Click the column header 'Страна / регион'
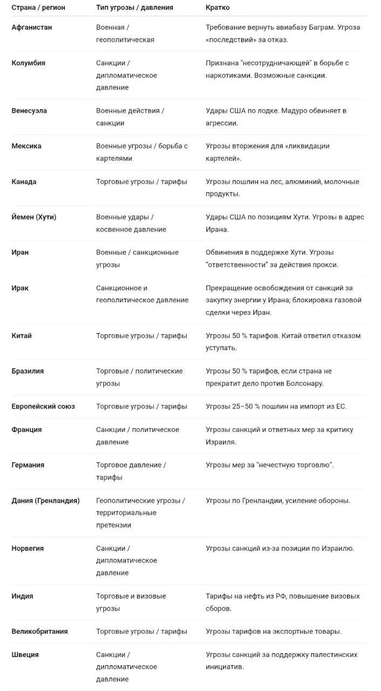coord(38,8)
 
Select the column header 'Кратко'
coord(217,8)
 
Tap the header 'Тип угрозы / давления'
coord(135,8)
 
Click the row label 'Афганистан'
coord(32,28)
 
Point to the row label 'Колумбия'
coord(29,63)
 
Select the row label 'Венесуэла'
coord(29,111)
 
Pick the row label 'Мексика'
coord(26,146)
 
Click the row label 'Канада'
coord(24,182)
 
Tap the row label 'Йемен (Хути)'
coord(34,217)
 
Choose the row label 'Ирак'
coord(21,288)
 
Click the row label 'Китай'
coord(22,336)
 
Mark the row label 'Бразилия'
coord(28,371)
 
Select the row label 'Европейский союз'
coord(43,407)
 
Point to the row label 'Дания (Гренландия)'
coord(46,501)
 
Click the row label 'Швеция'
coord(25,655)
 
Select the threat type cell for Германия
coord(131,471)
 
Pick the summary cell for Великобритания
coord(274,632)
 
